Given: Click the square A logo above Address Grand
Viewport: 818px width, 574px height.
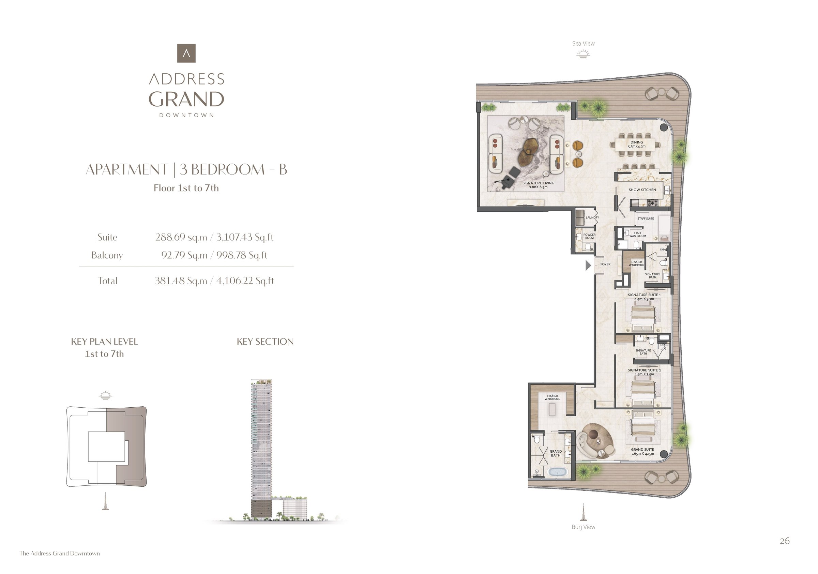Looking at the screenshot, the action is (186, 53).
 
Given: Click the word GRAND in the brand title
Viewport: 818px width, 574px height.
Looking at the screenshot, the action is (186, 99).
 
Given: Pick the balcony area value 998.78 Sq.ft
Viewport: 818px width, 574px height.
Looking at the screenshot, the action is (242, 255).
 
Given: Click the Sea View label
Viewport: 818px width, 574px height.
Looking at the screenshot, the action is (583, 44).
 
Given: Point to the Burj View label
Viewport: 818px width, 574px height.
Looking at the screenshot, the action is (583, 527).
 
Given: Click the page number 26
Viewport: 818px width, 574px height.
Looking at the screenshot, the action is (785, 541).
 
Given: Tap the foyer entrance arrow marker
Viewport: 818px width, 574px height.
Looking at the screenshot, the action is (588, 265).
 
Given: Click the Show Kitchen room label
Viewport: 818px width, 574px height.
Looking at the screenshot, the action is (642, 190).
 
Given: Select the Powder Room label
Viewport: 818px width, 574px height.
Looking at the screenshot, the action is (589, 236).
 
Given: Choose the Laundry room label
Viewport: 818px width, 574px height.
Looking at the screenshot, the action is (592, 217).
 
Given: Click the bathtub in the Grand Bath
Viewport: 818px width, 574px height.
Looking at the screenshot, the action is (558, 472).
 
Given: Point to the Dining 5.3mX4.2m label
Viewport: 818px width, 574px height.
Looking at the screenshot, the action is (637, 144).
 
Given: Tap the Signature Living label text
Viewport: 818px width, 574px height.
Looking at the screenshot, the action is (538, 185).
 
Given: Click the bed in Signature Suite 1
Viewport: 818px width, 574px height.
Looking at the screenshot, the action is (643, 316).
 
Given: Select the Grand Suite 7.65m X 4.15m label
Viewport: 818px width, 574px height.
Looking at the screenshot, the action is (642, 451).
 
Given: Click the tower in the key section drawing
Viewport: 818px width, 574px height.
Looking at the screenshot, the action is (261, 449).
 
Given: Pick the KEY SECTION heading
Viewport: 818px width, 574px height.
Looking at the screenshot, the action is (265, 341).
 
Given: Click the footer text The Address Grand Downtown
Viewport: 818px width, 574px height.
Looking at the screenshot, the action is (60, 553).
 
